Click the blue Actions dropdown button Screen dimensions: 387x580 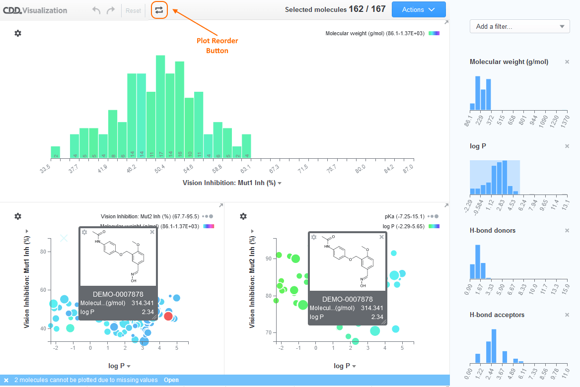[x=419, y=10]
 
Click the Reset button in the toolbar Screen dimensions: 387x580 [x=133, y=10]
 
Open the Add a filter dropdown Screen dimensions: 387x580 [x=519, y=27]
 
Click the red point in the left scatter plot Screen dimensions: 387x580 [x=168, y=316]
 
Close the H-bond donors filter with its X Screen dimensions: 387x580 [x=567, y=231]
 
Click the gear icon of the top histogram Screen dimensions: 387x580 [x=18, y=33]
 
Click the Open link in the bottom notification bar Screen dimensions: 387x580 [x=171, y=380]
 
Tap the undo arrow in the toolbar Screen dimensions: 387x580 [x=96, y=10]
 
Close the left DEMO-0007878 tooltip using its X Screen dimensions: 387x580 [x=152, y=232]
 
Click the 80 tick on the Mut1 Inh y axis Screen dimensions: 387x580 [x=43, y=252]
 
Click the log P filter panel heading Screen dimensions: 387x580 [x=478, y=146]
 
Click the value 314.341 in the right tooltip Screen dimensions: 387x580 [x=372, y=308]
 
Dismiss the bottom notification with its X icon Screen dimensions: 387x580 [x=6, y=380]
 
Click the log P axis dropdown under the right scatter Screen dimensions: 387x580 [x=342, y=366]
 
